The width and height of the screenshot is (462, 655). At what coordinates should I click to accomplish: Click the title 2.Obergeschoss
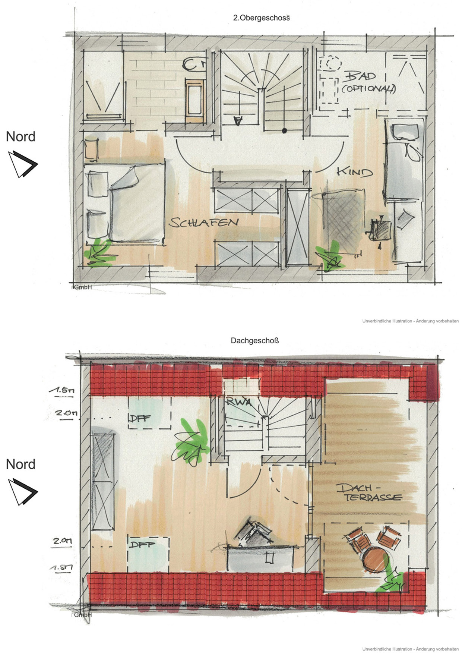(261, 18)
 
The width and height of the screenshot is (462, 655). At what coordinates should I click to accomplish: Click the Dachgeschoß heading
(254, 340)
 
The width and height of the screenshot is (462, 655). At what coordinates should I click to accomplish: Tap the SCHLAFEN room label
(204, 223)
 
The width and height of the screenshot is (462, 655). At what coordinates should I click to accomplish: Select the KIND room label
(354, 172)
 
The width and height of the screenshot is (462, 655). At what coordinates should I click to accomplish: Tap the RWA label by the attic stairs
(238, 402)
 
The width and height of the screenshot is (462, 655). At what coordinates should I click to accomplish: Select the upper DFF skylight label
(139, 418)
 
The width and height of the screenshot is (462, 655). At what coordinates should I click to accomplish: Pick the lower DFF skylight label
(142, 545)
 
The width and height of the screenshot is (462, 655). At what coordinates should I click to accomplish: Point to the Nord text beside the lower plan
(20, 465)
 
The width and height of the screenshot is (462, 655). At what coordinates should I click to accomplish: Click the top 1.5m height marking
(61, 390)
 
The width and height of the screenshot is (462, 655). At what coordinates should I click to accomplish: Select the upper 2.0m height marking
(66, 413)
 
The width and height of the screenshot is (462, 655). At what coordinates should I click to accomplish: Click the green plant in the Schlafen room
(98, 254)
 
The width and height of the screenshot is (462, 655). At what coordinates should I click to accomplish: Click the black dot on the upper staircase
(285, 130)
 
